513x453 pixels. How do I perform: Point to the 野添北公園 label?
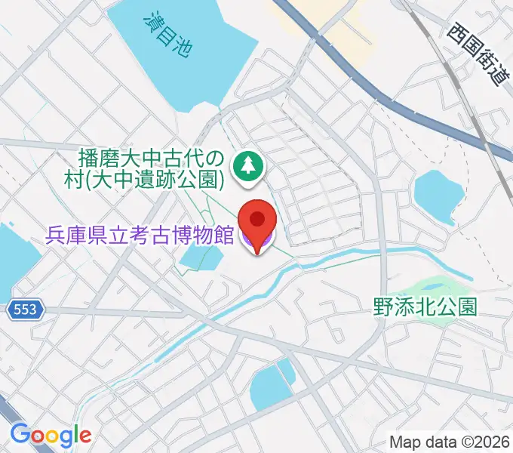click(425, 307)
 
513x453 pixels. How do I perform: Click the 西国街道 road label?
click(478, 54)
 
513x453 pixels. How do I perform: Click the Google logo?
click(51, 436)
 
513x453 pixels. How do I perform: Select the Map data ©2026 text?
click(449, 442)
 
